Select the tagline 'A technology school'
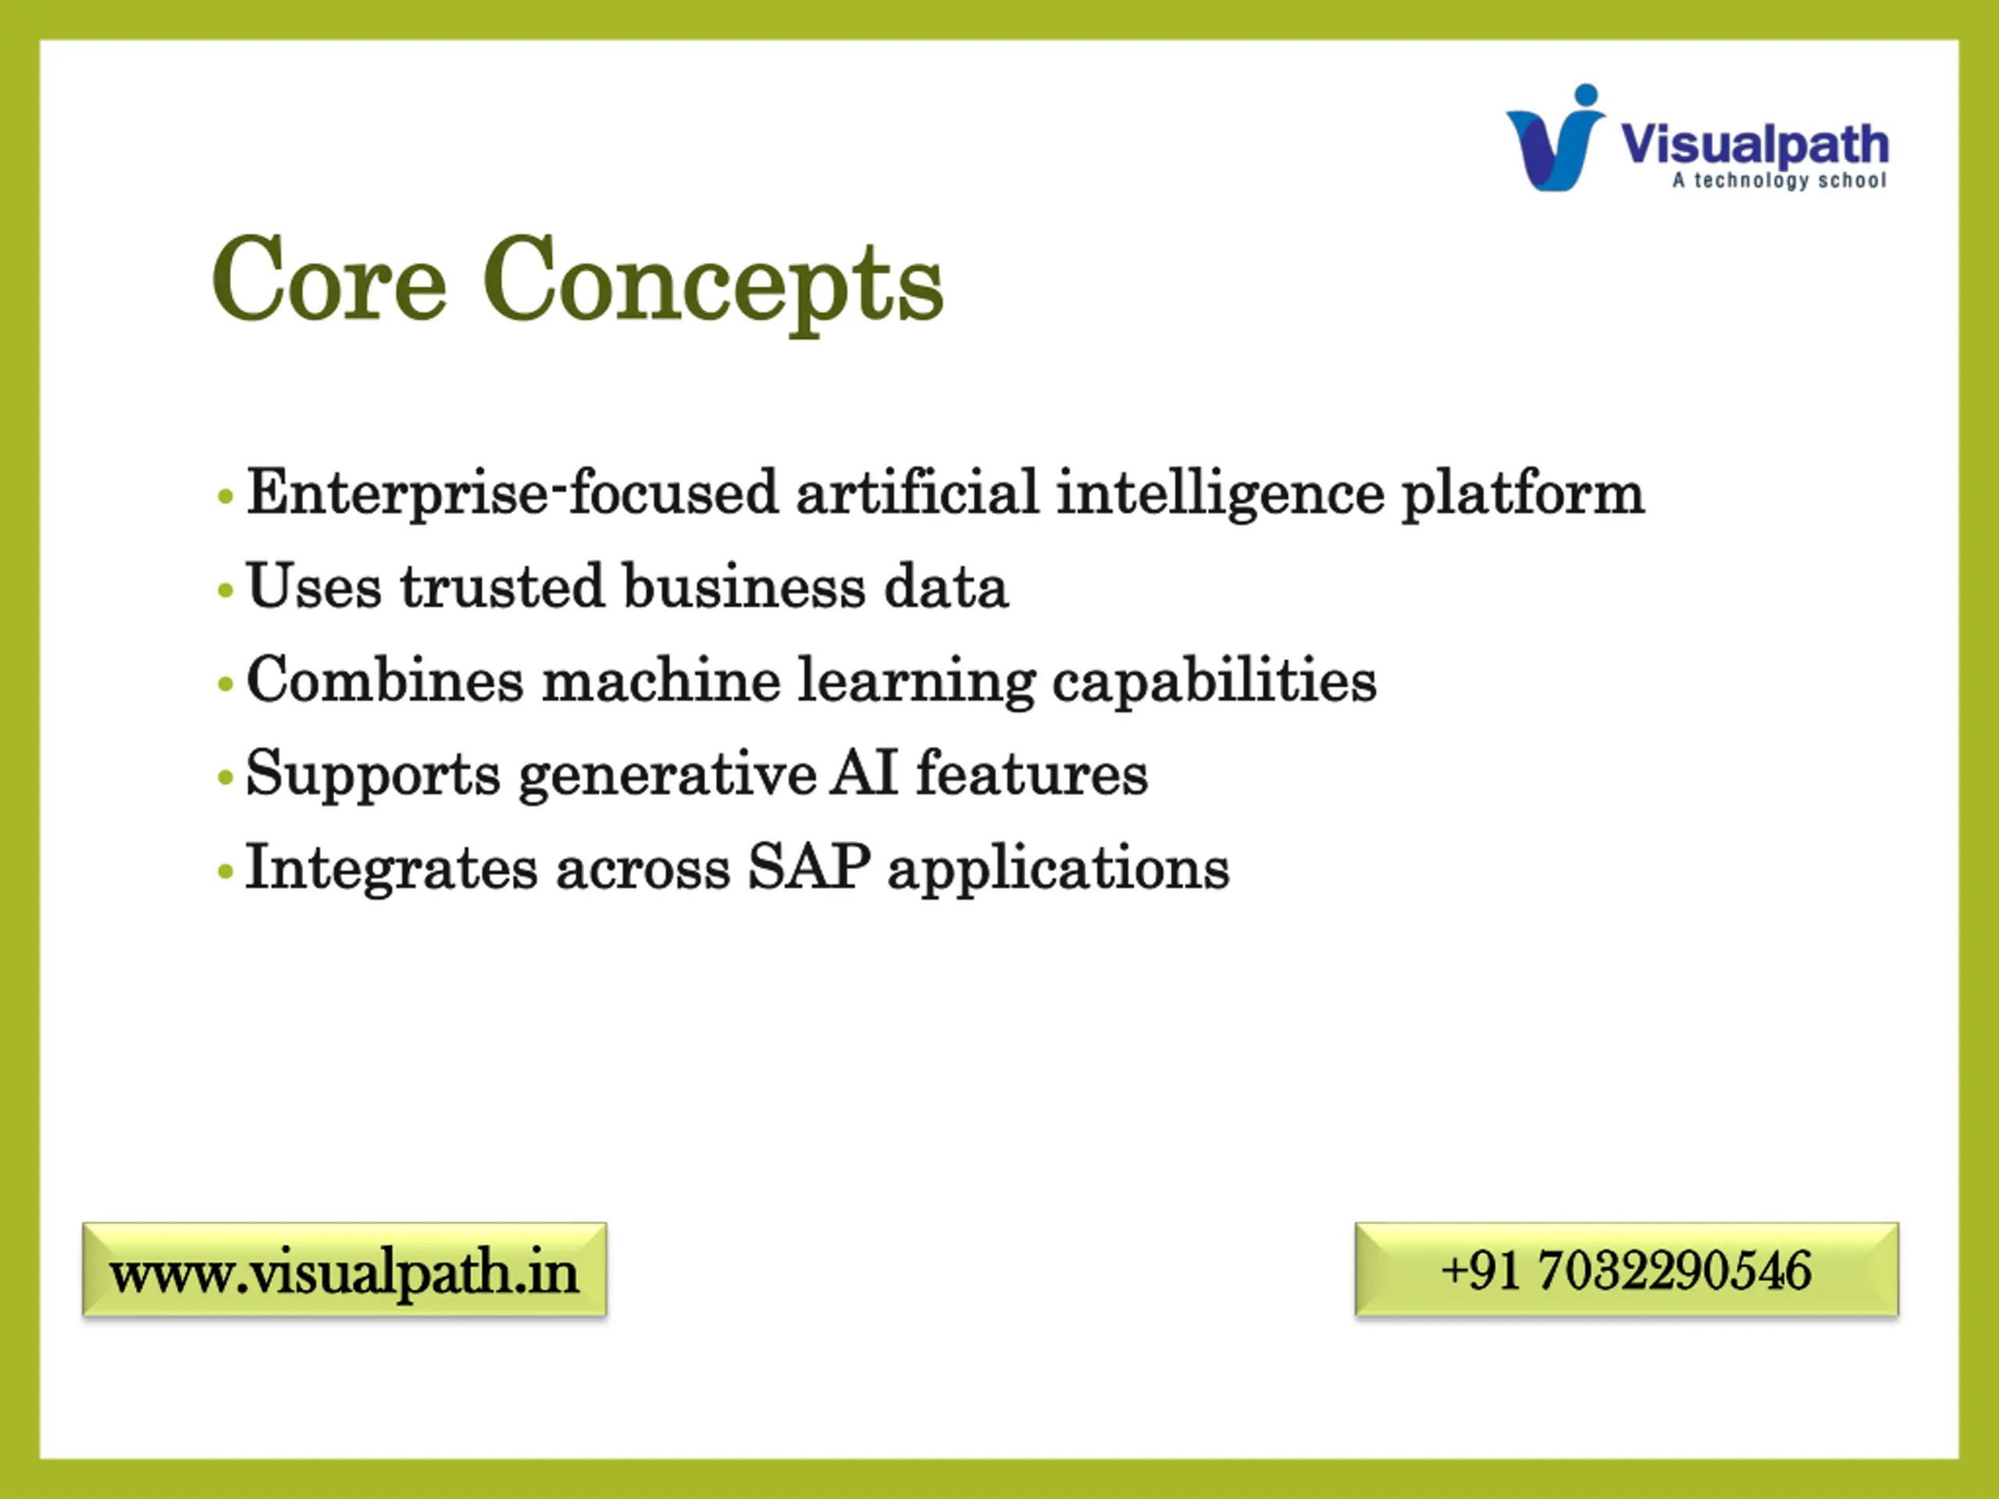point(1780,180)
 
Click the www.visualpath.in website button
point(344,1269)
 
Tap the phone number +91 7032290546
point(1627,1269)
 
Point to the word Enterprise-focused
point(512,494)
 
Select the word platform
point(1523,494)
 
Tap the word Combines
point(385,679)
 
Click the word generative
point(668,776)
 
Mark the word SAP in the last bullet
point(809,867)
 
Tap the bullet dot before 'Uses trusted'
point(226,590)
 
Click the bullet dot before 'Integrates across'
point(226,872)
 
